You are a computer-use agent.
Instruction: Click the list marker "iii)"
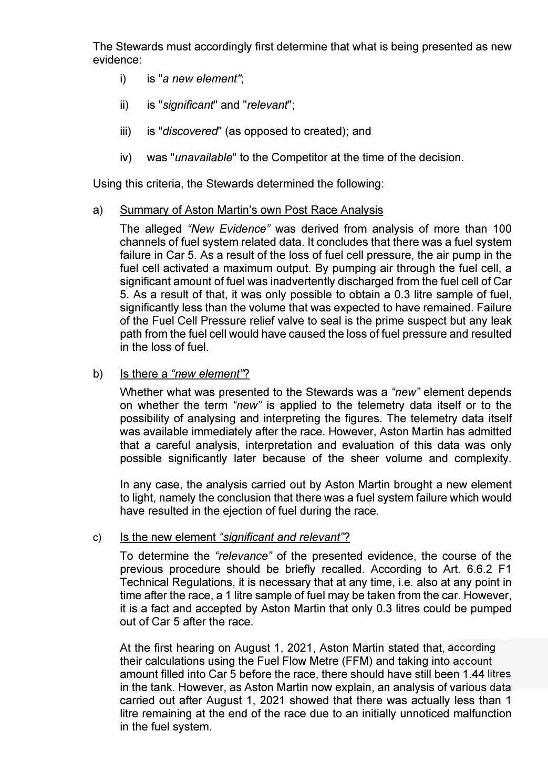pos(125,131)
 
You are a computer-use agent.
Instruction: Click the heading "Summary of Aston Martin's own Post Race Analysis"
pos(251,210)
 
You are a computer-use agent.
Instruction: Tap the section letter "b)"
pos(98,374)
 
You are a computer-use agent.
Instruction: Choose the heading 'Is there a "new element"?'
pos(184,374)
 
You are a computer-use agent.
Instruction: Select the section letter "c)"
pos(98,537)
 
